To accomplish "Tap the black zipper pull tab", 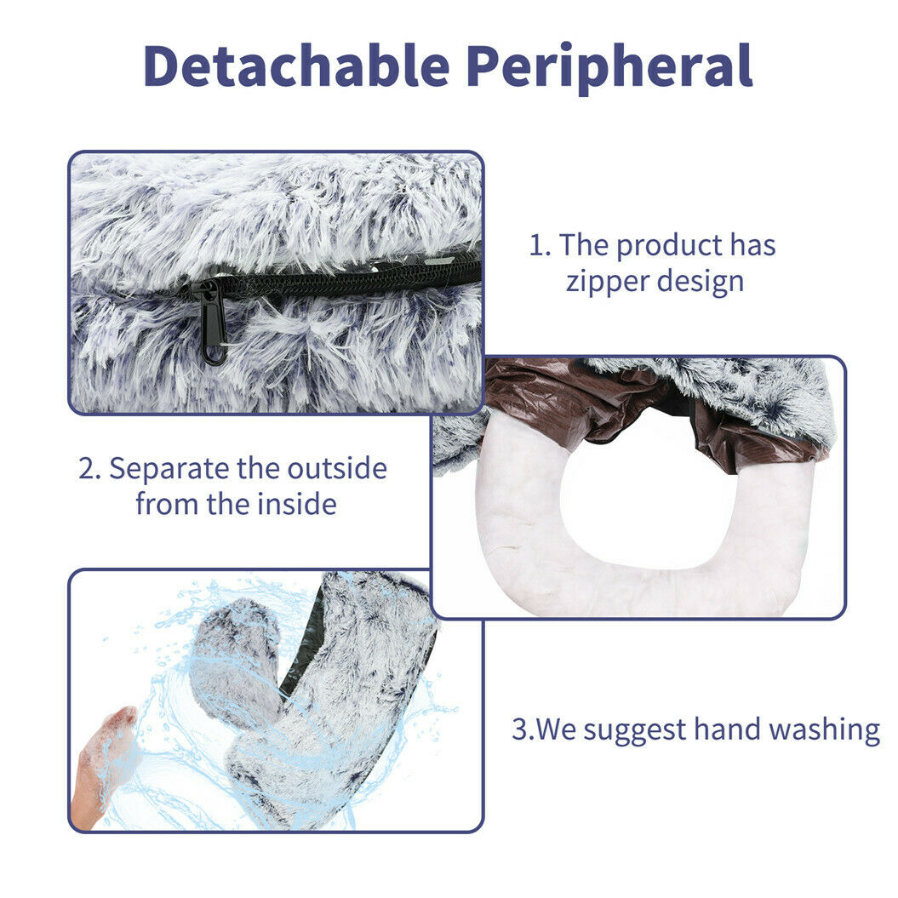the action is coord(212,323).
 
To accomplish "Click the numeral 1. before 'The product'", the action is coord(540,245).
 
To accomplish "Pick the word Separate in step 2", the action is coord(169,469).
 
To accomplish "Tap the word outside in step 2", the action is coord(337,468).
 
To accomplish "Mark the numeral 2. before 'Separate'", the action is coord(89,468).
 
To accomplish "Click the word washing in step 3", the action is coord(824,731).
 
